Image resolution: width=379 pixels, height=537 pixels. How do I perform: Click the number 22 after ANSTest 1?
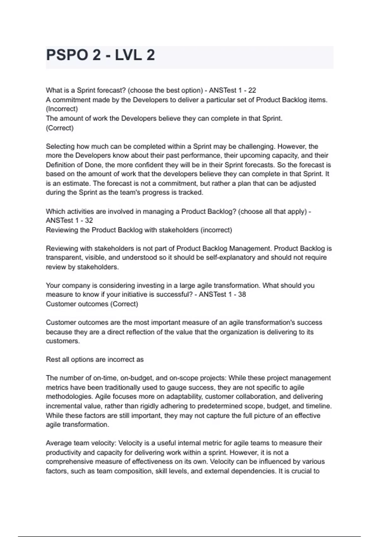tap(252, 90)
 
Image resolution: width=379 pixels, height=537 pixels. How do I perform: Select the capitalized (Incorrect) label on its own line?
tap(62, 109)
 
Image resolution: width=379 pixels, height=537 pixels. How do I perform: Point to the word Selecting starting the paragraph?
tap(60, 147)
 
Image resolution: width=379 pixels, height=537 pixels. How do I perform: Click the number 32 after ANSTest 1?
tap(89, 220)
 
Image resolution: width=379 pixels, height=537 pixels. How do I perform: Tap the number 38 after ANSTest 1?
tap(242, 295)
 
